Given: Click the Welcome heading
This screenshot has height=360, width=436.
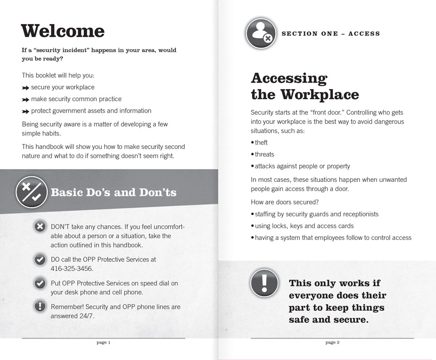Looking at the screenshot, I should pos(63,31).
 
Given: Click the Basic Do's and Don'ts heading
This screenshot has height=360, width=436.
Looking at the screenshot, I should pos(114,192).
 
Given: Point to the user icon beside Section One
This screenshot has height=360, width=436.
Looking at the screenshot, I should pos(262,33).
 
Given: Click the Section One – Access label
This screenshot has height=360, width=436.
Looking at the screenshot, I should pos(331,34).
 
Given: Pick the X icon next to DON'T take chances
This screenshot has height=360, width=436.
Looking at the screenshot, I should pos(40,226).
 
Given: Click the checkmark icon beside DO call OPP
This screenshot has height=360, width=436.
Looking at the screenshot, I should pos(40,260).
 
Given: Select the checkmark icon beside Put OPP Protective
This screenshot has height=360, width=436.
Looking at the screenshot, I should pos(40,283).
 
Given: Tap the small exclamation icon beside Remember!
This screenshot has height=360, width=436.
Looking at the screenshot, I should pos(40,307).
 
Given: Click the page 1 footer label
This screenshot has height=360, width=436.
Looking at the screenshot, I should pos(104,343).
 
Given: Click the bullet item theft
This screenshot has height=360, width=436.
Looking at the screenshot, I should pos(261,143).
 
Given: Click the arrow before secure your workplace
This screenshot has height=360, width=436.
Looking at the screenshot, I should pos(25,88).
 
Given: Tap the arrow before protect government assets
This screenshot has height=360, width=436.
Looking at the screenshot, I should pos(25,111).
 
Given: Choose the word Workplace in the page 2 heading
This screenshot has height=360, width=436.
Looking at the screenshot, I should pos(319,95).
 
